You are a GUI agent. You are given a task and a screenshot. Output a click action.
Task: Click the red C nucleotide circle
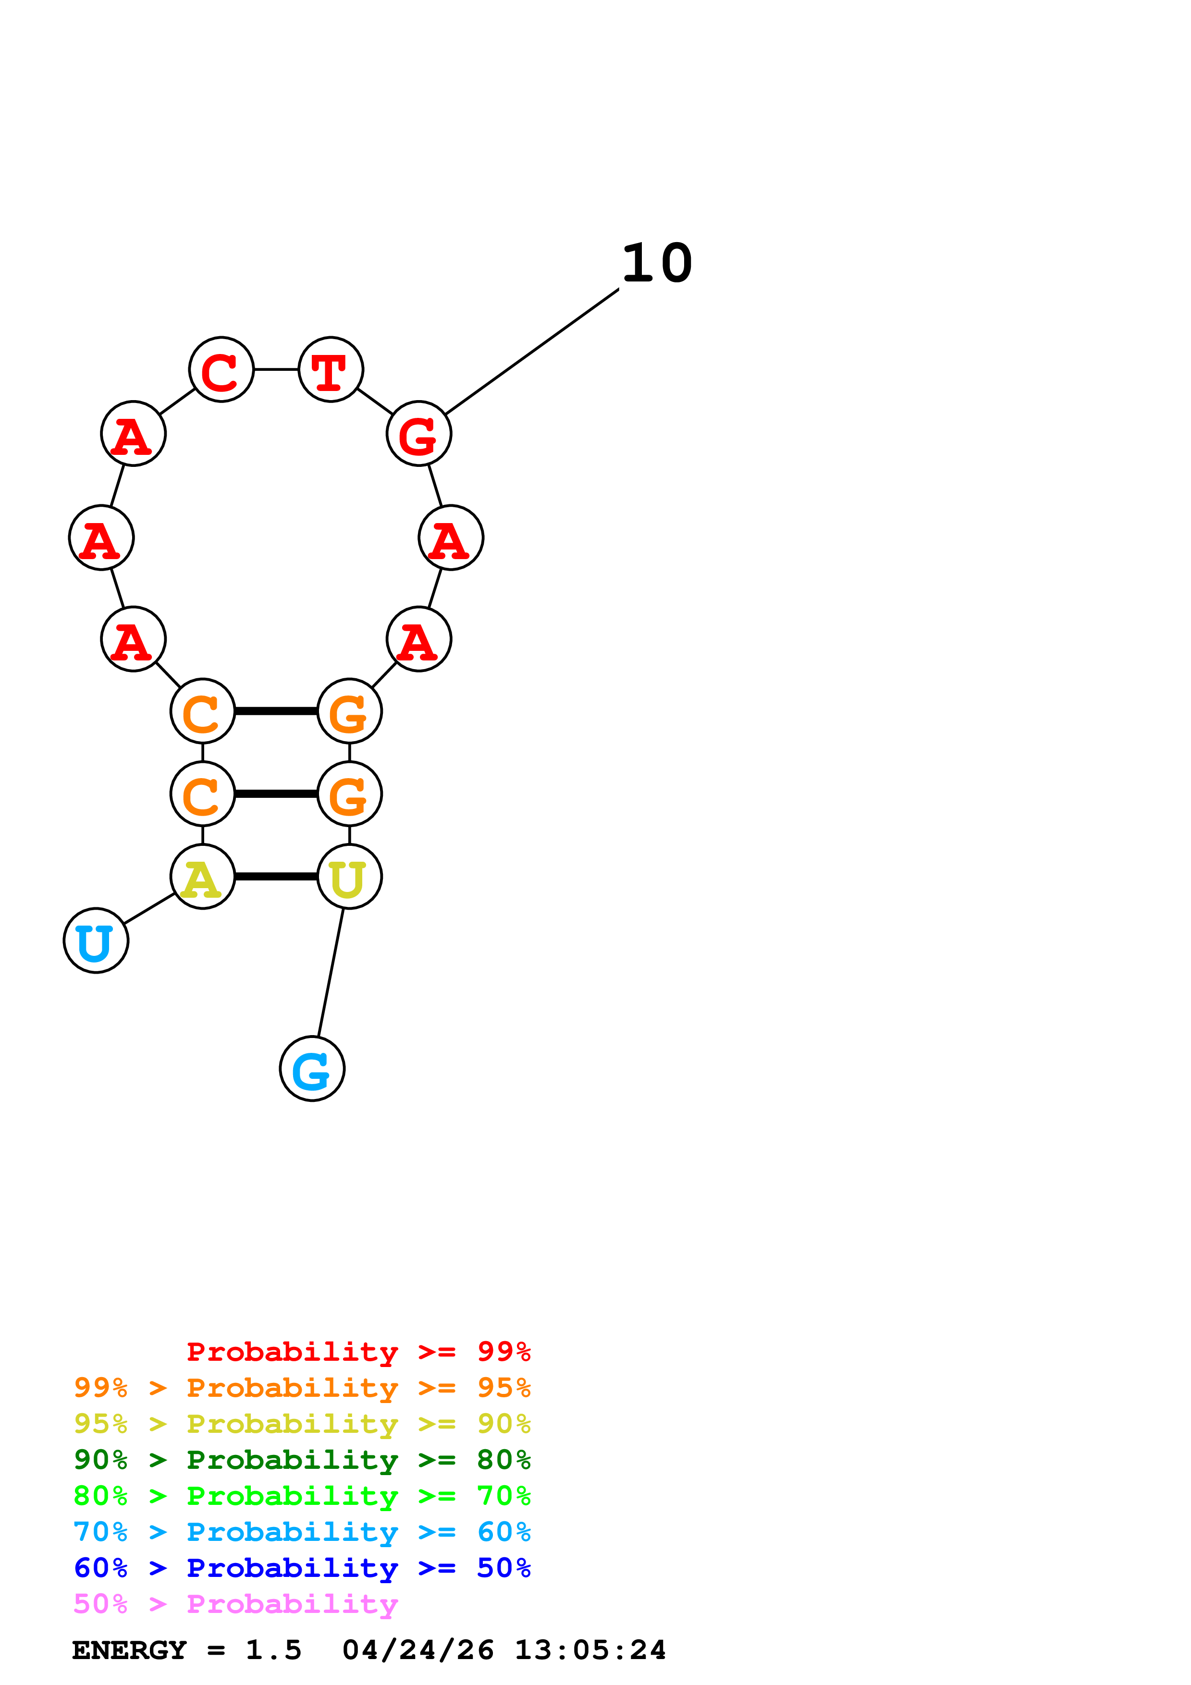point(221,369)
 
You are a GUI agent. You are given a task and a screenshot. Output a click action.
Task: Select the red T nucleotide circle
point(331,369)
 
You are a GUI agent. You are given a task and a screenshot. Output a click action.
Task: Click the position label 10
point(657,264)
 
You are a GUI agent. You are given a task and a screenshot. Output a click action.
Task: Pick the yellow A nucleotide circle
point(203,876)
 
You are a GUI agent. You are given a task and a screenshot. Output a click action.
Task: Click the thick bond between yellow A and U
point(276,876)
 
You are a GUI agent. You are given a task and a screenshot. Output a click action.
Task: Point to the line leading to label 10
point(532,352)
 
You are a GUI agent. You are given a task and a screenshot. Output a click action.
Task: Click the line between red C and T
point(276,369)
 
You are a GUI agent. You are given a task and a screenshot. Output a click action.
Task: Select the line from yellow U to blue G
point(330,972)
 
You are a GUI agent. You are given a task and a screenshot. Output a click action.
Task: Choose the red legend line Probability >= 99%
point(358,1351)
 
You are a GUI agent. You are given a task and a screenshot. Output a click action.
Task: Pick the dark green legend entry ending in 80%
point(302,1460)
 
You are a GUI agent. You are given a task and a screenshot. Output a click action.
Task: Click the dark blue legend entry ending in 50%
point(302,1568)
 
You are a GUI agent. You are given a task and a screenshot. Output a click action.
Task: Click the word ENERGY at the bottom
point(129,1650)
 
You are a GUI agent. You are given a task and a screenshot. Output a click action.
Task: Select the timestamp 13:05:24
point(590,1650)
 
